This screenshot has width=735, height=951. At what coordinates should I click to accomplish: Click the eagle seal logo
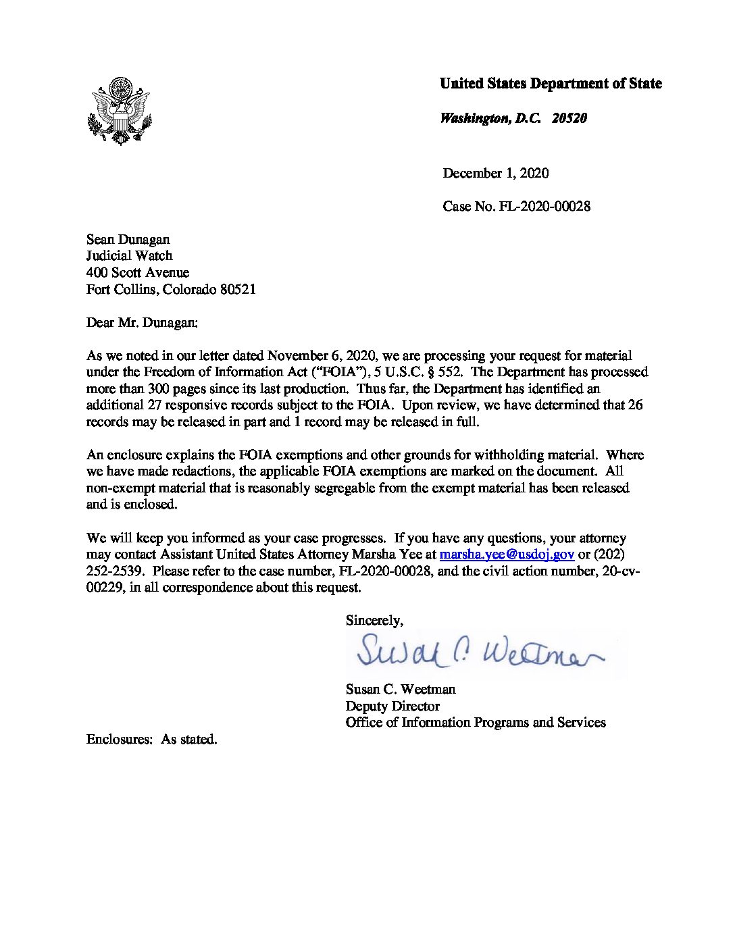pyautogui.click(x=120, y=111)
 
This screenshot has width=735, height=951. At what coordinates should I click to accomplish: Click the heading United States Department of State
pyautogui.click(x=551, y=84)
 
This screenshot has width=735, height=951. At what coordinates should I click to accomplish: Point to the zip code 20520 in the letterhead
pyautogui.click(x=569, y=119)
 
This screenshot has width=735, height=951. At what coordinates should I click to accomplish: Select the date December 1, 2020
pyautogui.click(x=495, y=174)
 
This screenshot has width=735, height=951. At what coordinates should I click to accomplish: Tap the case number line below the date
pyautogui.click(x=516, y=207)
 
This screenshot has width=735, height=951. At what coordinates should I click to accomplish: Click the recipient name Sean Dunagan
pyautogui.click(x=128, y=240)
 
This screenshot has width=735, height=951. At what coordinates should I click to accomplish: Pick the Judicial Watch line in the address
pyautogui.click(x=129, y=256)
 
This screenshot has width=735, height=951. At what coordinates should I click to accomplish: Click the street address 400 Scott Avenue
pyautogui.click(x=137, y=273)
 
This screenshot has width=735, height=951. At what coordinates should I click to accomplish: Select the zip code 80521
pyautogui.click(x=238, y=290)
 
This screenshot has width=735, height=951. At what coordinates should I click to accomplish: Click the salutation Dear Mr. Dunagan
pyautogui.click(x=142, y=323)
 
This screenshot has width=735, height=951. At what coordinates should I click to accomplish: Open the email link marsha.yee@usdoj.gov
pyautogui.click(x=507, y=555)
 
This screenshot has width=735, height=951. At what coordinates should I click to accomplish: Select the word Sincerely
pyautogui.click(x=374, y=621)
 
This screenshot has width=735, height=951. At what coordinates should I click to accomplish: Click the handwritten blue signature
pyautogui.click(x=480, y=650)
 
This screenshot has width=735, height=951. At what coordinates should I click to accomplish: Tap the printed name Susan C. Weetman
pyautogui.click(x=400, y=690)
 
